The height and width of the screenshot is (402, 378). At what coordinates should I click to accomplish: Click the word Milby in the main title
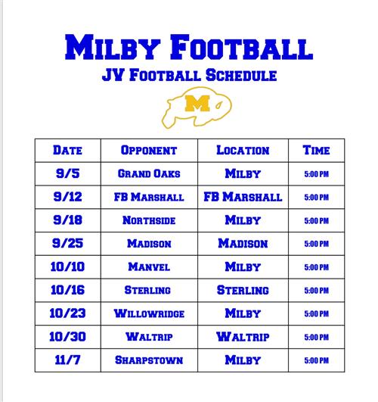point(113,47)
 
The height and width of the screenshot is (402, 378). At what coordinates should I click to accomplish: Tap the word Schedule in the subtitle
point(241,76)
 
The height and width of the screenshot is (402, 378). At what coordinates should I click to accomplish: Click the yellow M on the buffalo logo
point(197,103)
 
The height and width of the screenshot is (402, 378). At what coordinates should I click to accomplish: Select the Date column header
point(67,150)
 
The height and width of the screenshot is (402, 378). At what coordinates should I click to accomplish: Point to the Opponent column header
point(149,150)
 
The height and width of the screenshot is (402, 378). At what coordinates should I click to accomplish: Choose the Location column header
point(243,150)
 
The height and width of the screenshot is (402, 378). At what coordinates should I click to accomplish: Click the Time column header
point(316,150)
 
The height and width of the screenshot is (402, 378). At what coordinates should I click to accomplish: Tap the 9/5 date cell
point(67,173)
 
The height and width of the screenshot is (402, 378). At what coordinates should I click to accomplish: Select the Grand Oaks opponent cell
point(149,173)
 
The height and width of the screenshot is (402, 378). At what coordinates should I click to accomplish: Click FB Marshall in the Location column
point(243,197)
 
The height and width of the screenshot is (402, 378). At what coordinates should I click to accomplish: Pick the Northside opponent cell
point(149,220)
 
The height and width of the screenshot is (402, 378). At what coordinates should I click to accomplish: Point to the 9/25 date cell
point(67,243)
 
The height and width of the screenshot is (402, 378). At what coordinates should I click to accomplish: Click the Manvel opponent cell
point(149,267)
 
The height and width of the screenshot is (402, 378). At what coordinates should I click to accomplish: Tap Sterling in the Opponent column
point(147,290)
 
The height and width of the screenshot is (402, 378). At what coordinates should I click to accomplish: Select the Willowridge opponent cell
point(149,313)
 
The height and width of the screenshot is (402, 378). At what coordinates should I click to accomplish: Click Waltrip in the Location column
point(243,337)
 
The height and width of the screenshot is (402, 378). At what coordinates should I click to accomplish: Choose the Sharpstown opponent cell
point(149,360)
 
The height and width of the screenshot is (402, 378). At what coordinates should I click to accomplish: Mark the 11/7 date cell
point(67,360)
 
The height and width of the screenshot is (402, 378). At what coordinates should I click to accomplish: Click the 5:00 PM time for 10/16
point(316,291)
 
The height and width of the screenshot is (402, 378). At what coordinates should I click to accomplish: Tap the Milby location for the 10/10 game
point(243,267)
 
